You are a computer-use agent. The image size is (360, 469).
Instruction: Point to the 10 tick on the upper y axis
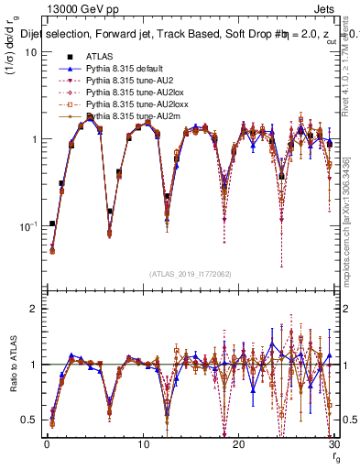[30, 52]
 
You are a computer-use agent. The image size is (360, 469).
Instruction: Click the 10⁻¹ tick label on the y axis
[27, 225]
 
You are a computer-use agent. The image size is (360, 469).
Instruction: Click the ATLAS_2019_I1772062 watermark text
[189, 274]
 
